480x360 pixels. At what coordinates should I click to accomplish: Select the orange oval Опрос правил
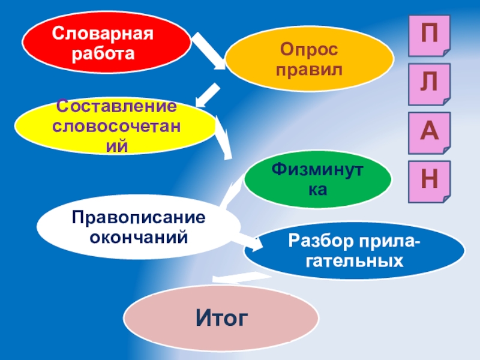point(310,59)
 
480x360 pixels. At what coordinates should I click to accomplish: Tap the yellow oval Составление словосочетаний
point(115,126)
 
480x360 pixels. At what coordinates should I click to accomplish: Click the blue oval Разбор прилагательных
point(353,252)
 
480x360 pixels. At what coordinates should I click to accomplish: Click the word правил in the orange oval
point(310,70)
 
